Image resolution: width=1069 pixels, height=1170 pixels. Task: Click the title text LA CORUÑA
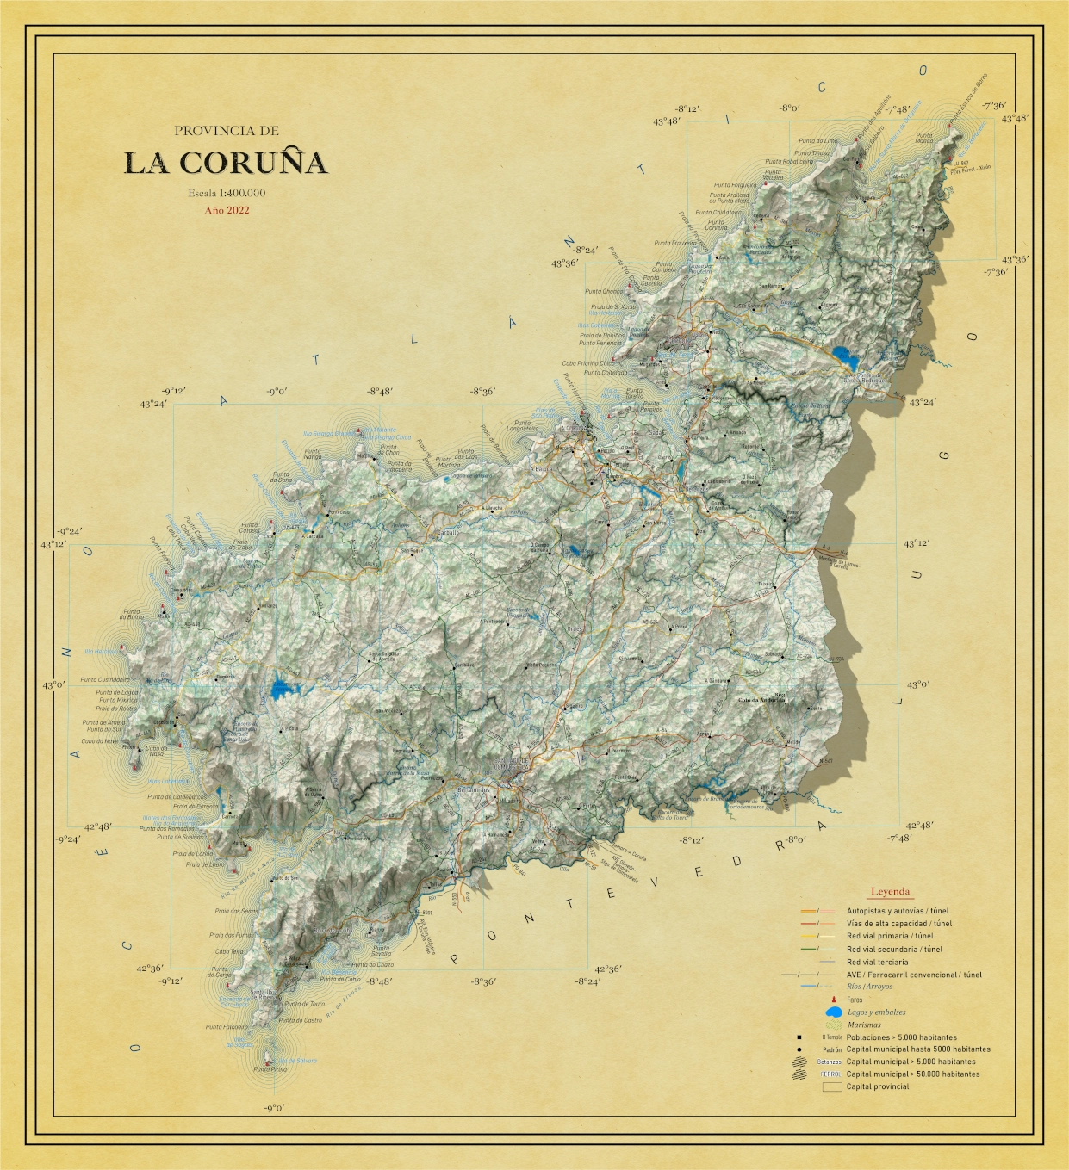(x=226, y=163)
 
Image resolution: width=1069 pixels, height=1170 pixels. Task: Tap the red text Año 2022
(x=227, y=210)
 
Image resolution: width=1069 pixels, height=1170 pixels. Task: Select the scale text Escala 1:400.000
(x=227, y=193)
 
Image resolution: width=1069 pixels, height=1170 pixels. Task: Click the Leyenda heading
(x=890, y=892)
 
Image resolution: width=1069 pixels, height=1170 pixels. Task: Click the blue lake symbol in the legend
(x=833, y=1012)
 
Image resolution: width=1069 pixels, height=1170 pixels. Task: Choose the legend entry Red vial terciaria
(x=877, y=962)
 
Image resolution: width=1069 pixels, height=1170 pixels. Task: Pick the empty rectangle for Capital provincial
(x=831, y=1086)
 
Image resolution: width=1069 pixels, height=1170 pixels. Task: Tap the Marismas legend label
(x=864, y=1025)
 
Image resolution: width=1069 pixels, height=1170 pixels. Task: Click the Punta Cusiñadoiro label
(x=105, y=680)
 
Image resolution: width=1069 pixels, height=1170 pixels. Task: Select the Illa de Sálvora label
(x=297, y=1061)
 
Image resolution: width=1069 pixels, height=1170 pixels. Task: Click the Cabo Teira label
(x=229, y=952)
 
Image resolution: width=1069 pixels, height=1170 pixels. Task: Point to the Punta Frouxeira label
(x=675, y=244)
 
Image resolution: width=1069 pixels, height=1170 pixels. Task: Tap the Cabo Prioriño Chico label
(x=588, y=364)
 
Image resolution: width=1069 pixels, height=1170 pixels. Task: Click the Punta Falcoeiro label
(x=227, y=1027)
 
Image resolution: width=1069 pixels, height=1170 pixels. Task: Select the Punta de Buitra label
(x=132, y=615)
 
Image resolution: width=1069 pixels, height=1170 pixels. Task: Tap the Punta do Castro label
(x=300, y=1020)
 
